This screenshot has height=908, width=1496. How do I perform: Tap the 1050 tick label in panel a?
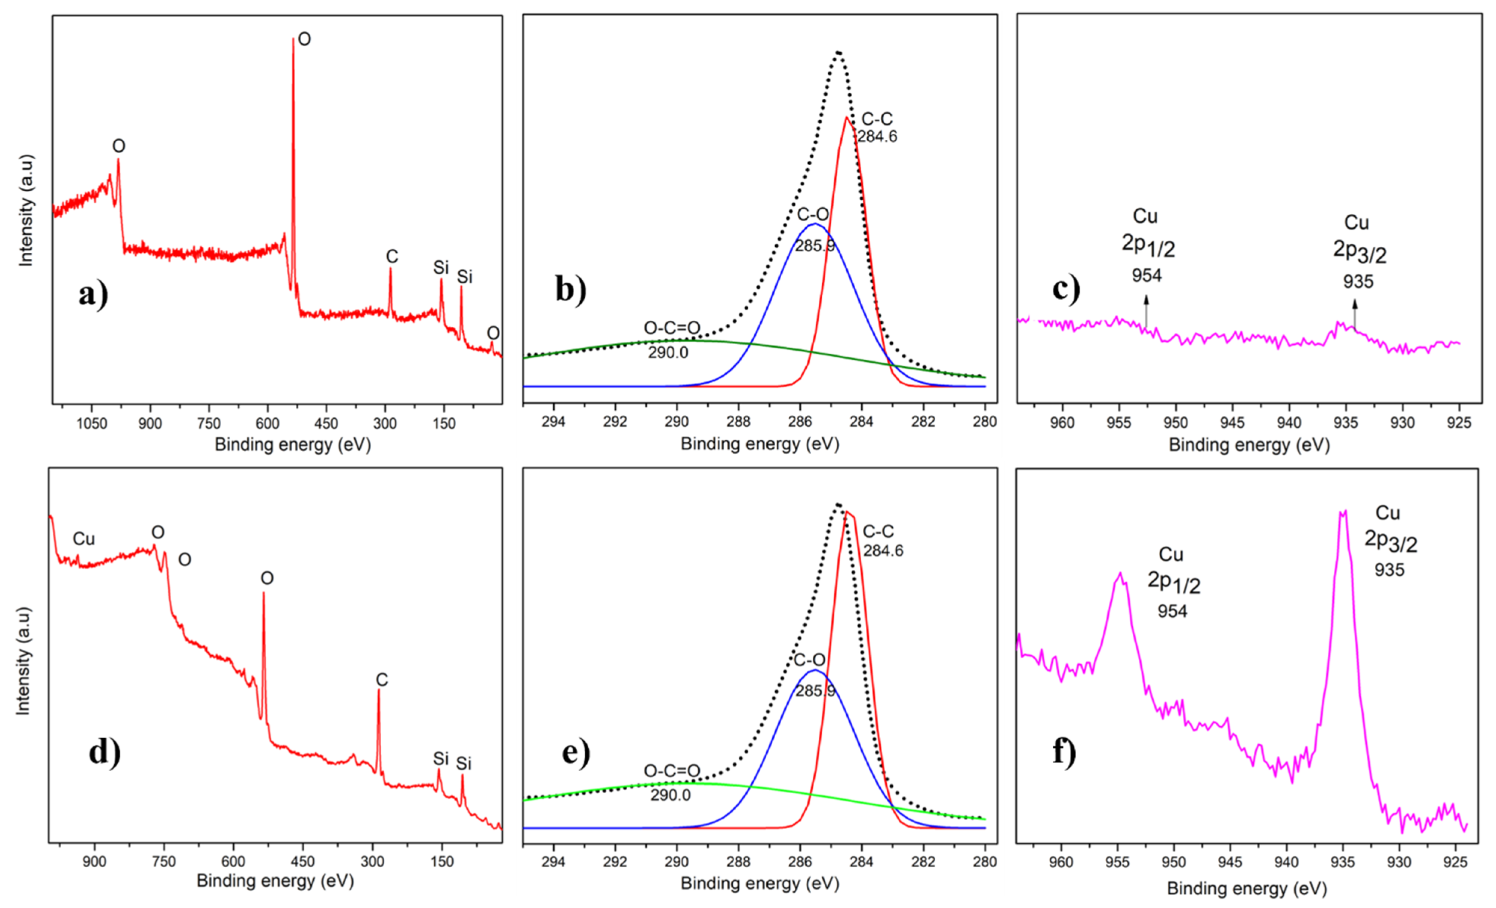[92, 423]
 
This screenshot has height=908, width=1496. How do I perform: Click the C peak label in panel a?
[392, 257]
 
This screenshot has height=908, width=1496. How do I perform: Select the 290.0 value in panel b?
[668, 353]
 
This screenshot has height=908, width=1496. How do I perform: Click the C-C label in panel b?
[877, 119]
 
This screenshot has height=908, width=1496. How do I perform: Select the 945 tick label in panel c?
[1232, 423]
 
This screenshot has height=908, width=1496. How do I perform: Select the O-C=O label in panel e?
[671, 771]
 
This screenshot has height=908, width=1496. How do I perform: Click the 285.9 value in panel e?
[815, 691]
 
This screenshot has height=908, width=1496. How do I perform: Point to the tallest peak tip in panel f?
[1343, 512]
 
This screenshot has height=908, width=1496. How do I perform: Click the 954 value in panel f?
[1172, 610]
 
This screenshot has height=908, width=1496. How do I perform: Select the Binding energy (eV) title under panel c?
[1249, 445]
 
